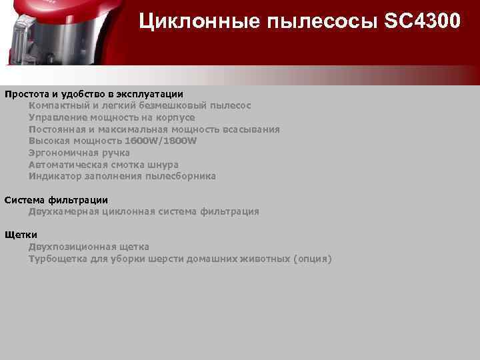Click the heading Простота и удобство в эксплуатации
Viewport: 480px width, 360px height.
(x=93, y=94)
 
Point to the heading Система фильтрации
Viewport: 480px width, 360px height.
(x=56, y=199)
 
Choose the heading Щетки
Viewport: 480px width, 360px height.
(x=21, y=235)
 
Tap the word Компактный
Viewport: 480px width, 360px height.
(x=59, y=105)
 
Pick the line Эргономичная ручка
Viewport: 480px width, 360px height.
(x=79, y=153)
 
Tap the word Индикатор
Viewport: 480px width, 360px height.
(x=55, y=176)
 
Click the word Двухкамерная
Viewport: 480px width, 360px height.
(x=63, y=211)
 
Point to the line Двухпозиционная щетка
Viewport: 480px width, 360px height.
(x=89, y=247)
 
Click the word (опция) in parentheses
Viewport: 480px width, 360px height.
(x=312, y=259)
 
